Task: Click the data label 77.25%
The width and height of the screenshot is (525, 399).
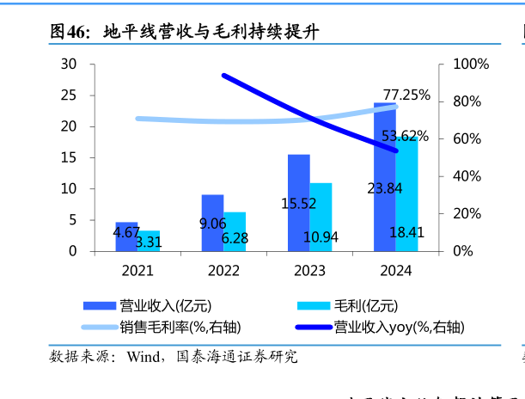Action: (406, 95)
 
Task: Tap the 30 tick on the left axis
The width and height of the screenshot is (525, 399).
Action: (69, 64)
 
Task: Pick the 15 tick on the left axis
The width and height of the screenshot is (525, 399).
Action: (69, 157)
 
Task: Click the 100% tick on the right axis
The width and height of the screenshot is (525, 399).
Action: (471, 64)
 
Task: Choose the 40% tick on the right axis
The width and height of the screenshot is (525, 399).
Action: (467, 176)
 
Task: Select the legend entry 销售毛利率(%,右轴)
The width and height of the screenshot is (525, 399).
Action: (180, 327)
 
